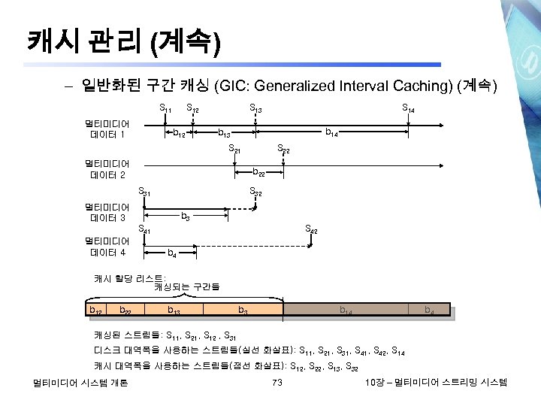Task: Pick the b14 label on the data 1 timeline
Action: (331, 133)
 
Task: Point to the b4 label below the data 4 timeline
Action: (172, 253)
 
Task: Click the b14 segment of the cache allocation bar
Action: (345, 310)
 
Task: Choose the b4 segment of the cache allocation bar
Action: (428, 310)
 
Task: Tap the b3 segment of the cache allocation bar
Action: (243, 310)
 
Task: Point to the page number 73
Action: (276, 383)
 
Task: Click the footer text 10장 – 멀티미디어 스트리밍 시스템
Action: (435, 383)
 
